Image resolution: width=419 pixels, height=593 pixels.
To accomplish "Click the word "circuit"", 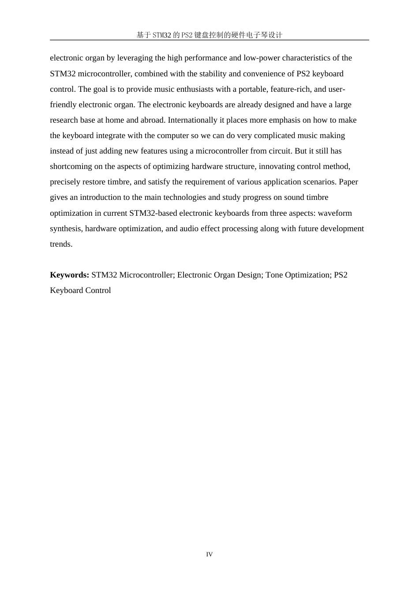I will pos(280,151).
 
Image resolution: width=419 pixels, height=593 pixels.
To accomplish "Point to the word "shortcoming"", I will pos(71,166).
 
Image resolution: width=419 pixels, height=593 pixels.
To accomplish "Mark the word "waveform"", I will pos(335,213).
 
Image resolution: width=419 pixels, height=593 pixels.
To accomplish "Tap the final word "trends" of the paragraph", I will pos(60,244).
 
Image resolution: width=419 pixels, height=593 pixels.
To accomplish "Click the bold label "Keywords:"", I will pos(70,275).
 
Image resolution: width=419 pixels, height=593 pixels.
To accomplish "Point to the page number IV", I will pos(209,555).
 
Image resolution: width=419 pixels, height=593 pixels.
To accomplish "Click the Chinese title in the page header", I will pos(209,35).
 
